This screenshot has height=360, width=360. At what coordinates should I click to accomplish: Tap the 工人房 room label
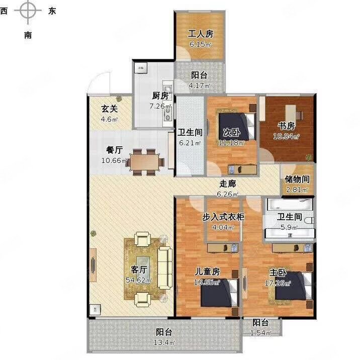pos(201,34)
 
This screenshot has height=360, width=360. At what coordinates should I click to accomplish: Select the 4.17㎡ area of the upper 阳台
pos(197,85)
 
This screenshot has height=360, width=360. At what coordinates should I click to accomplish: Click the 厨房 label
pos(160,96)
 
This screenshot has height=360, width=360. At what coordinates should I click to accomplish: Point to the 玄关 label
pos(109,109)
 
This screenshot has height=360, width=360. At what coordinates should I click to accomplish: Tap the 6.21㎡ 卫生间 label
pos(190,143)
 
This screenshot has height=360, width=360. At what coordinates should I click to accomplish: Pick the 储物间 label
pos(297,178)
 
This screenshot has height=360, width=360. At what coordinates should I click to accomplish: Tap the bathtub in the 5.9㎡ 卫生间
pos(289,205)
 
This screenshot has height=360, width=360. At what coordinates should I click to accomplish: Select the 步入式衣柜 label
pos(223,217)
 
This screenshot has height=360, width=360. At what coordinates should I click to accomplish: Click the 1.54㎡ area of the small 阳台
pos(261,333)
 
